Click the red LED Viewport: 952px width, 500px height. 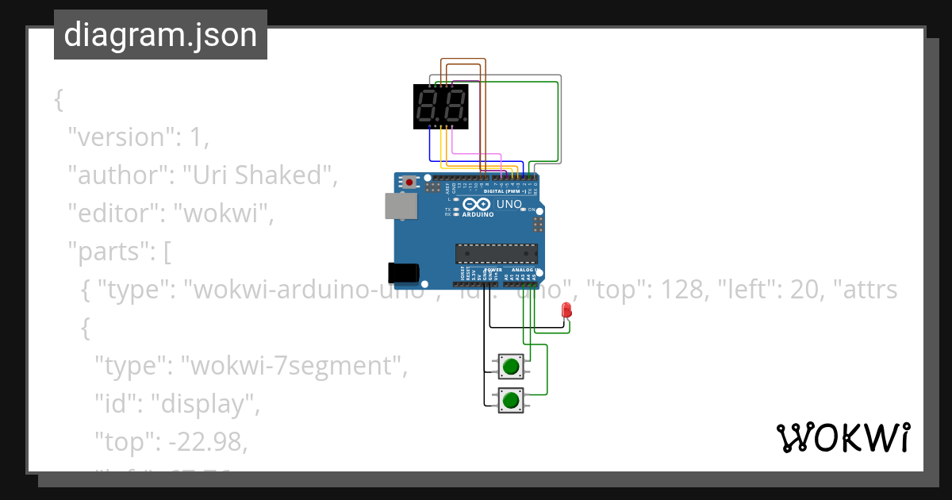tap(566, 310)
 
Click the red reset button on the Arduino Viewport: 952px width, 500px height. tap(409, 183)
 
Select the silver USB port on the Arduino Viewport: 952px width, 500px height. tap(400, 206)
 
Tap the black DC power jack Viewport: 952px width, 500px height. tap(403, 272)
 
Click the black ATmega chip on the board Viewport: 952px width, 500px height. tap(497, 254)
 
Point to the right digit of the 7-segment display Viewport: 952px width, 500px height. tap(454, 106)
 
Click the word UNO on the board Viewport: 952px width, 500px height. tap(509, 204)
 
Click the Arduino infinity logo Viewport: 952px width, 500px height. tap(478, 204)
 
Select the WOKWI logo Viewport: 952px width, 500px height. tap(843, 438)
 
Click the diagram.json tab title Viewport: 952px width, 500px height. tap(160, 35)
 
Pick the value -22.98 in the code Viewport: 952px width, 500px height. tap(209, 443)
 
